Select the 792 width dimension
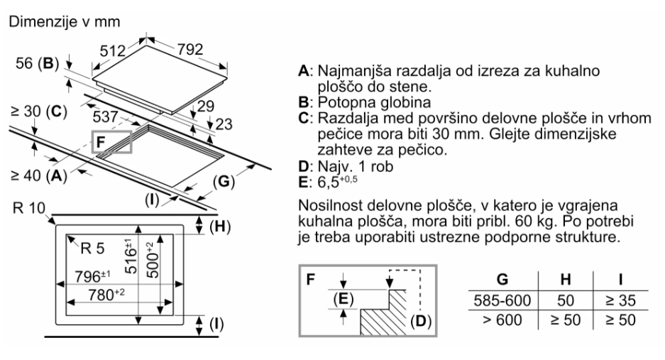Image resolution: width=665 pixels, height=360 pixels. tap(189, 50)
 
